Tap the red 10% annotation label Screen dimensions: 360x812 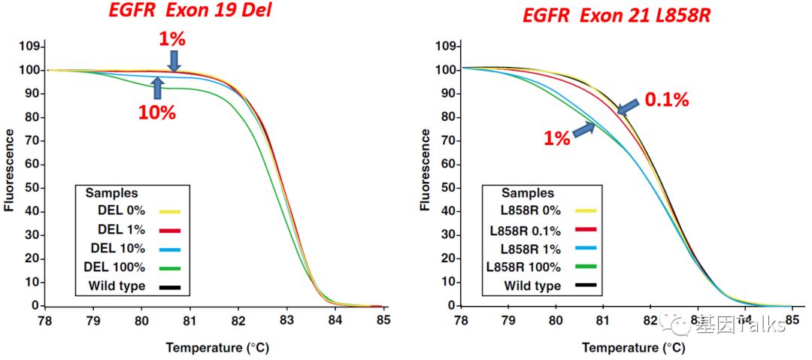tap(156, 113)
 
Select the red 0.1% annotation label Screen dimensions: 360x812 tap(667, 100)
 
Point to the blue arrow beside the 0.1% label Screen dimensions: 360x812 tap(630, 104)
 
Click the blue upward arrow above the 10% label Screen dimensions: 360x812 tap(157, 88)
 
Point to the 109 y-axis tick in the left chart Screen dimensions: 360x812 tap(29, 47)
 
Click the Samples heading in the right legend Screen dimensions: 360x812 tap(528, 193)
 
